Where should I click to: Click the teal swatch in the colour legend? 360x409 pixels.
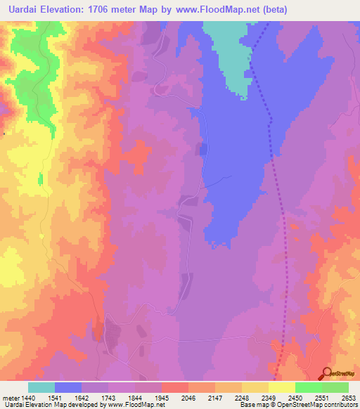tap(41, 387)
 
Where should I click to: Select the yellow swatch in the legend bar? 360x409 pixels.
tap(281, 387)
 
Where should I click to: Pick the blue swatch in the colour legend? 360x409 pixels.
tap(68, 387)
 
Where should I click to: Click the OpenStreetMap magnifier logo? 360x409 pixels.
tap(326, 373)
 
